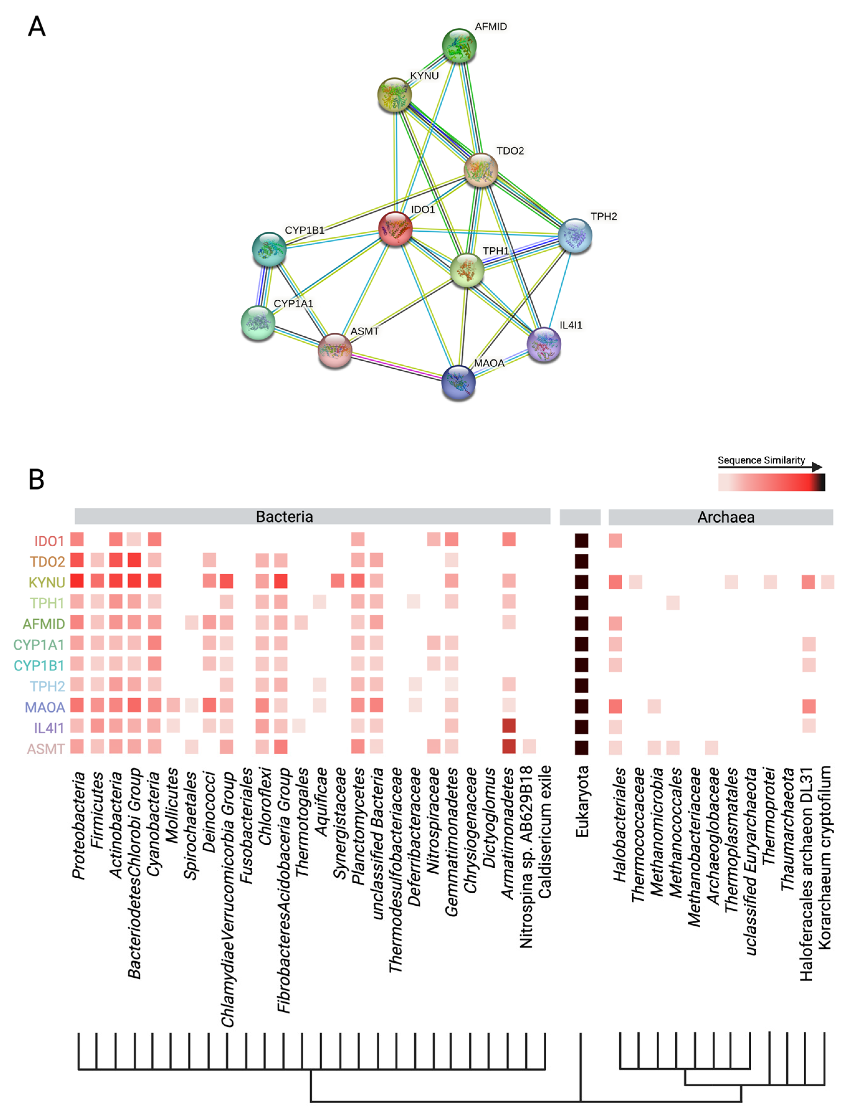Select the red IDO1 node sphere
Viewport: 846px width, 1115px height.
point(395,228)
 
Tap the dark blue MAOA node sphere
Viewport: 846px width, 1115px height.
point(458,382)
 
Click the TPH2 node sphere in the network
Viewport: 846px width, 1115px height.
point(575,235)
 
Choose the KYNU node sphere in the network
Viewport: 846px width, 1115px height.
point(394,95)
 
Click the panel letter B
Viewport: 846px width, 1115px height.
point(36,479)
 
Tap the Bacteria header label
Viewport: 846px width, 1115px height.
point(284,517)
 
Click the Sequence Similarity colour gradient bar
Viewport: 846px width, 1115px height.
point(771,482)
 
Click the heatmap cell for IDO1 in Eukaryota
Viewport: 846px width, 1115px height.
point(581,540)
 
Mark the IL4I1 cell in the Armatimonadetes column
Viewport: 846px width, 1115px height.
point(509,726)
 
